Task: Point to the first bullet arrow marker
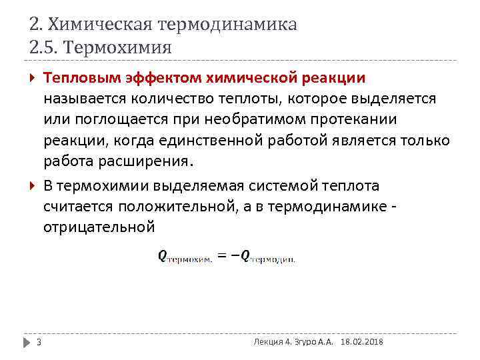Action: [x=33, y=78]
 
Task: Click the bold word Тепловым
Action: [x=81, y=78]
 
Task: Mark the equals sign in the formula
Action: [x=223, y=255]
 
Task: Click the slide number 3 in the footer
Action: [x=39, y=342]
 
